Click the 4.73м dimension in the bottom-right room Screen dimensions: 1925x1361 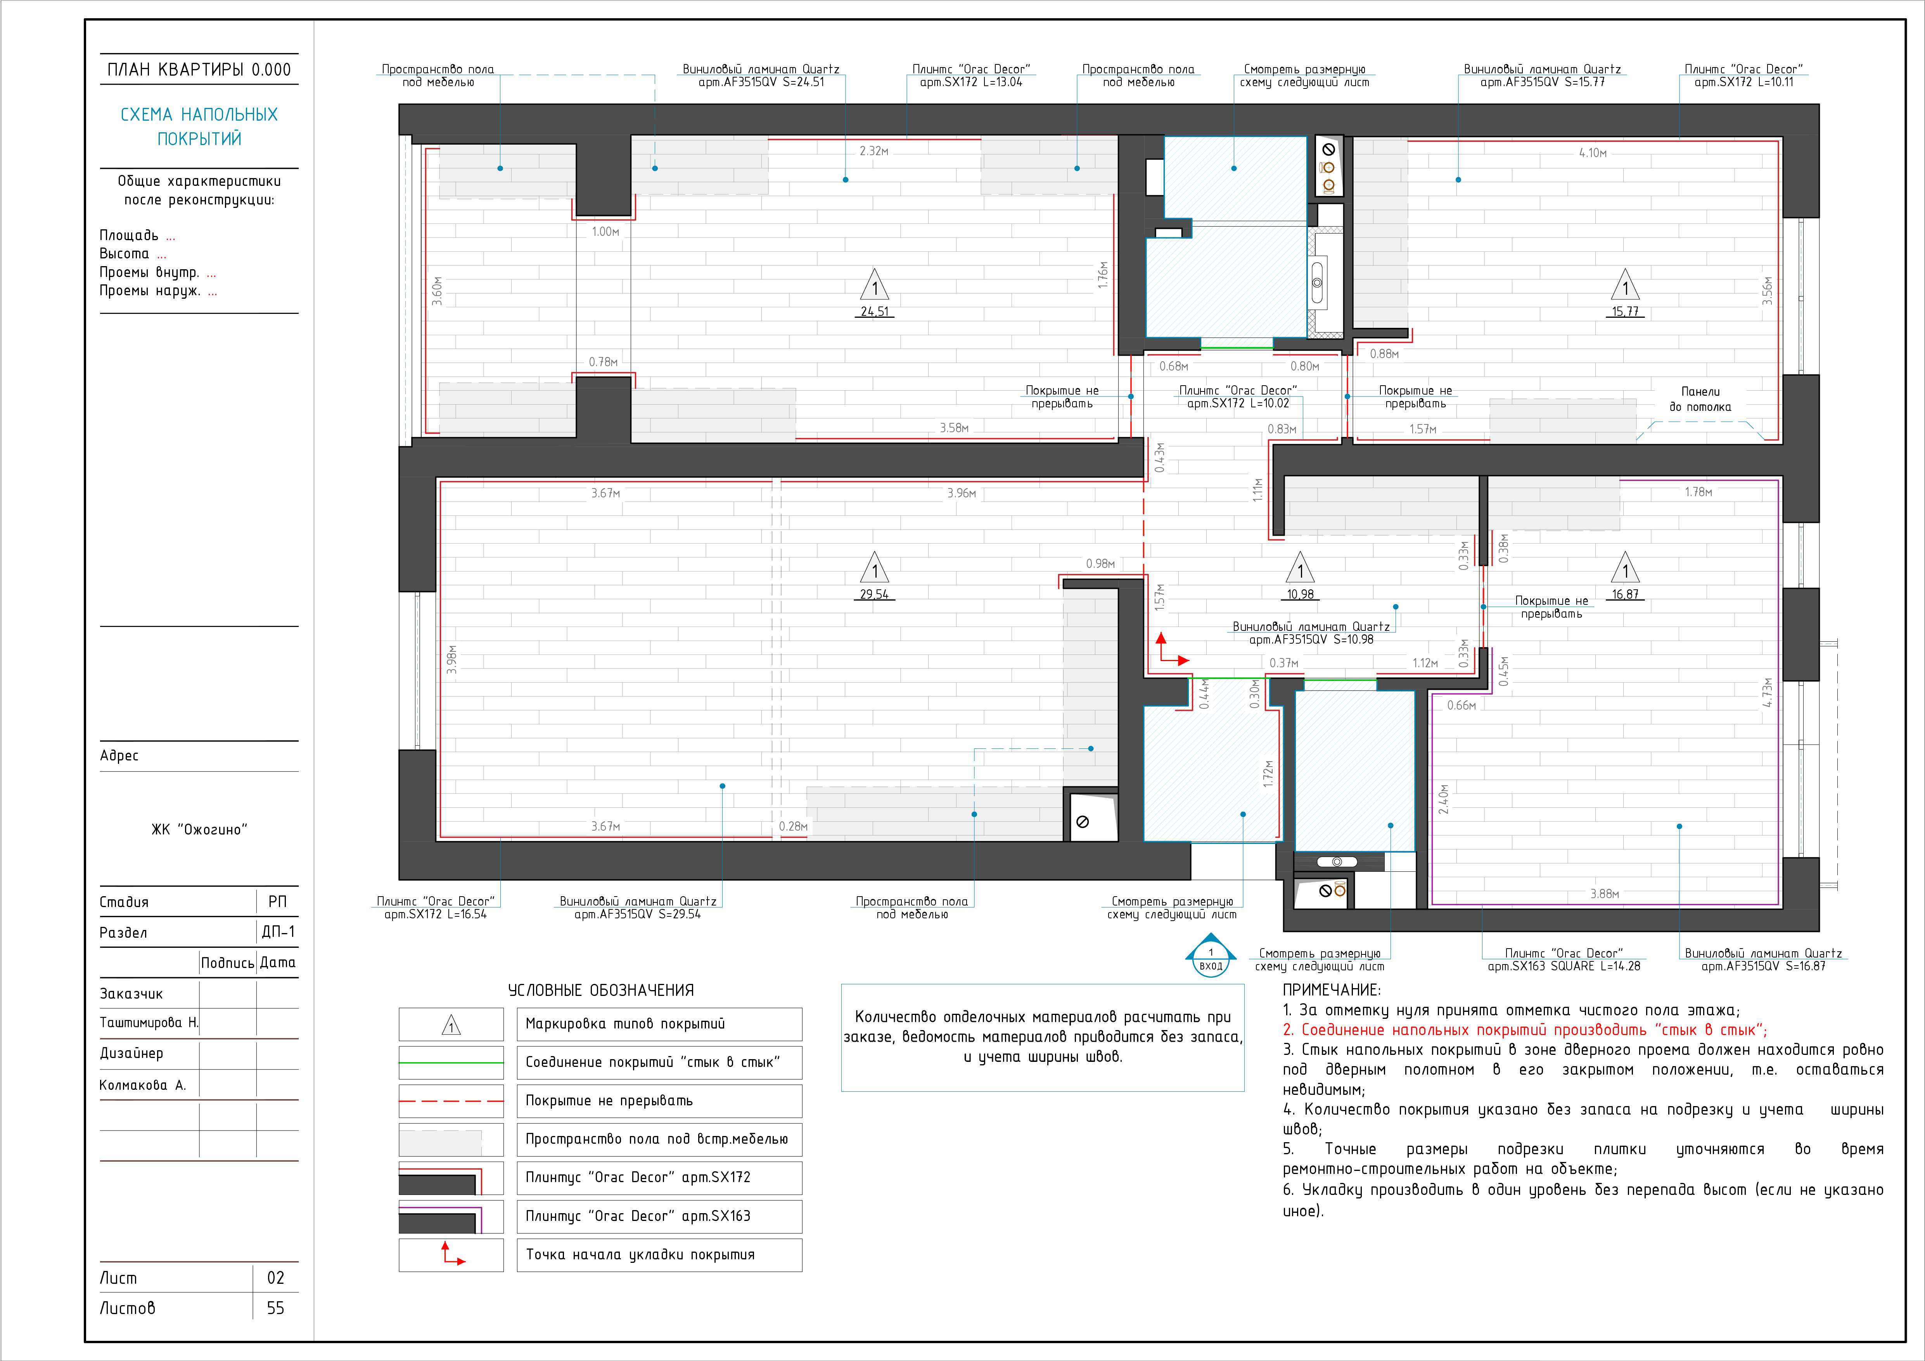point(1768,693)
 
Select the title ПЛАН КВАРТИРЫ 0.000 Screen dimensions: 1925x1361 point(199,69)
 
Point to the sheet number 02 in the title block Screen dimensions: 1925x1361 point(276,1278)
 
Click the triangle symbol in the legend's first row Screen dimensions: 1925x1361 point(451,1025)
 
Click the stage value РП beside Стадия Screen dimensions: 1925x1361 point(277,902)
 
